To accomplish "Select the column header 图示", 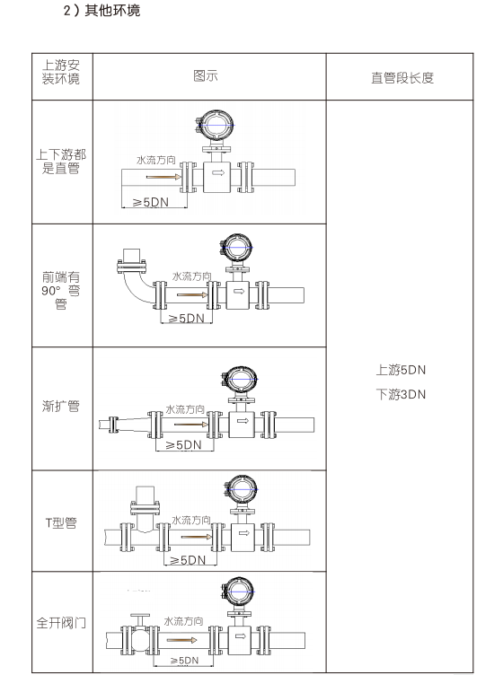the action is point(206,75).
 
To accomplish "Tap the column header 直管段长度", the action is point(402,78).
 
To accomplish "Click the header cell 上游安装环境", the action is point(61,72).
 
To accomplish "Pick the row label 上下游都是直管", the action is point(61,161).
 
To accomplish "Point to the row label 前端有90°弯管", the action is point(61,290).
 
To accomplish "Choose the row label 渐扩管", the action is point(61,406).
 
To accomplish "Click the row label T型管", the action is point(61,522).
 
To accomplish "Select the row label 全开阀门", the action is point(61,622).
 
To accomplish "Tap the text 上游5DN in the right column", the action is point(401,370).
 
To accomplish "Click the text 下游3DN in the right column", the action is point(401,394).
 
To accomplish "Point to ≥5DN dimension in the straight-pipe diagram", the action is point(150,202).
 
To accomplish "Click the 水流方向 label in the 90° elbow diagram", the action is point(191,276).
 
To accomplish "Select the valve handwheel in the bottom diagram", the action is point(140,616).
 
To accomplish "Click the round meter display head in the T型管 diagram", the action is point(243,490).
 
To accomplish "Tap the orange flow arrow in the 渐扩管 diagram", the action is point(191,425).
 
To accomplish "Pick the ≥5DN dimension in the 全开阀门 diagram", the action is point(184,661).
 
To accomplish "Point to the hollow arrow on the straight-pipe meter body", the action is point(218,172).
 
